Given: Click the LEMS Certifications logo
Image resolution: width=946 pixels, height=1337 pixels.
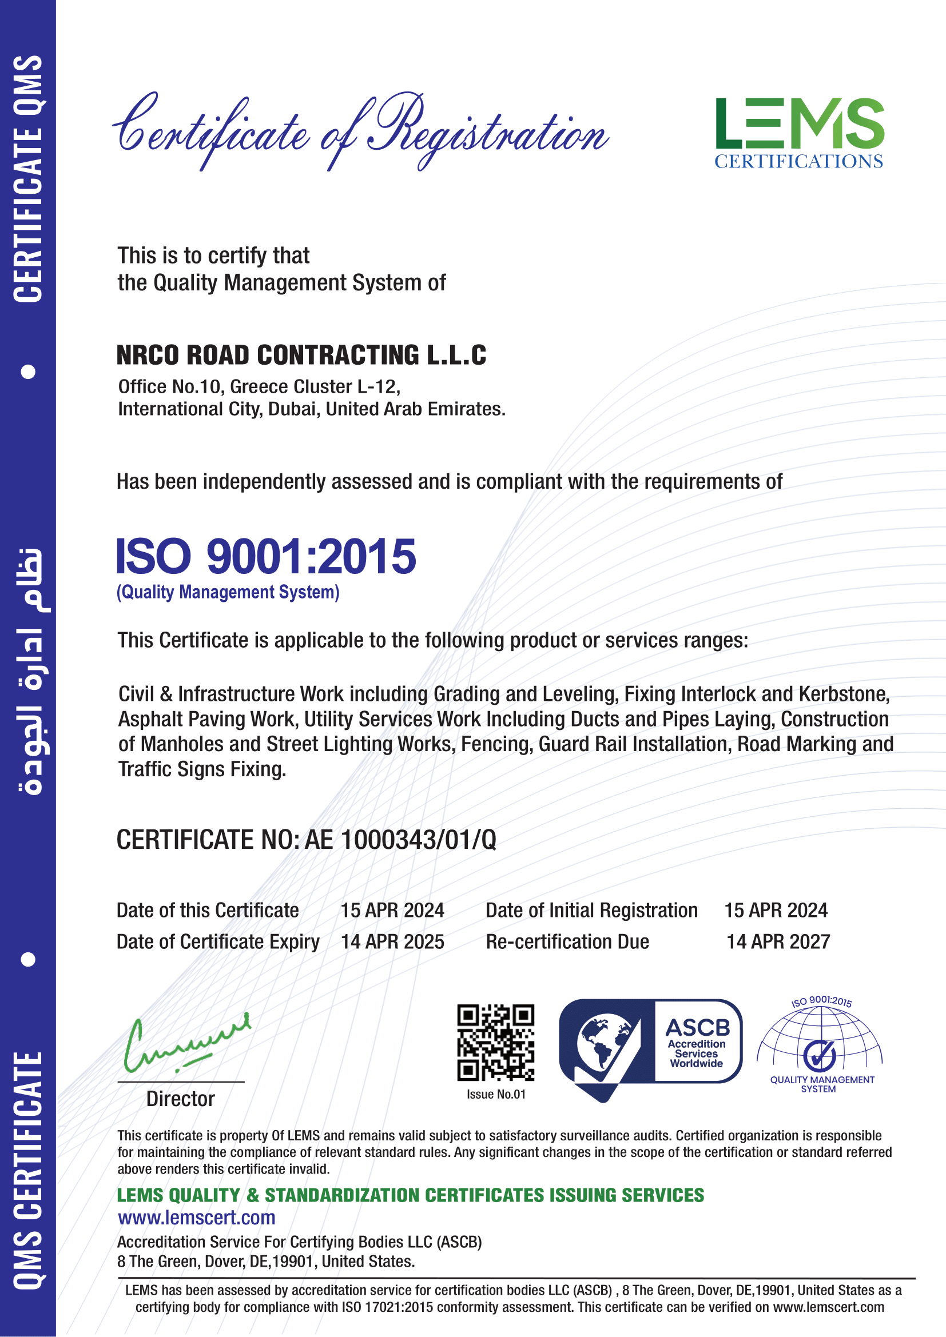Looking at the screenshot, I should pyautogui.click(x=799, y=133).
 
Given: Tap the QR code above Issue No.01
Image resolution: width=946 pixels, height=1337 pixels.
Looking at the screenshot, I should pyautogui.click(x=495, y=1043).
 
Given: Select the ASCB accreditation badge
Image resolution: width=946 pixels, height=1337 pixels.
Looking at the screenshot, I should pyautogui.click(x=650, y=1048).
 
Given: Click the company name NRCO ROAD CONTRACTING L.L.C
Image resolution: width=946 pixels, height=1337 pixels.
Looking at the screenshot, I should pyautogui.click(x=301, y=355).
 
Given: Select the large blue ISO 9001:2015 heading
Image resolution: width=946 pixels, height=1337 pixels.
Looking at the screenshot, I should pyautogui.click(x=266, y=556).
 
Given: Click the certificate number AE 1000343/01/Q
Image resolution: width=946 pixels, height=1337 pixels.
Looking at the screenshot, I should pyautogui.click(x=400, y=840).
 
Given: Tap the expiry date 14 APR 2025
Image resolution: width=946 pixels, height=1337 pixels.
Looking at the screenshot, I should pyautogui.click(x=392, y=941).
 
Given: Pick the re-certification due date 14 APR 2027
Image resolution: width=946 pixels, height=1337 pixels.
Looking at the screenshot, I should pyautogui.click(x=778, y=941).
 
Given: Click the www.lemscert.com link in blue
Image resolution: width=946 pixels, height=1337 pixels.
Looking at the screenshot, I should pyautogui.click(x=196, y=1217).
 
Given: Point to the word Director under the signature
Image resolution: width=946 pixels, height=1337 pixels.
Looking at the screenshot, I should pyautogui.click(x=181, y=1099).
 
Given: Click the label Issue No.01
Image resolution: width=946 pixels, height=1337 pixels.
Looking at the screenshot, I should pyautogui.click(x=496, y=1094).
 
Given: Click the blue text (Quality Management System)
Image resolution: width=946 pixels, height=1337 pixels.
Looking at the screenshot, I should pyautogui.click(x=228, y=592).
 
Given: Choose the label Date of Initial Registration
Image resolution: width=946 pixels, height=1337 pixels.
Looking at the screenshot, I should pyautogui.click(x=591, y=910).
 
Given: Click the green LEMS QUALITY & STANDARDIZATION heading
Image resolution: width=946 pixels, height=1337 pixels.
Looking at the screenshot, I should pyautogui.click(x=410, y=1195).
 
